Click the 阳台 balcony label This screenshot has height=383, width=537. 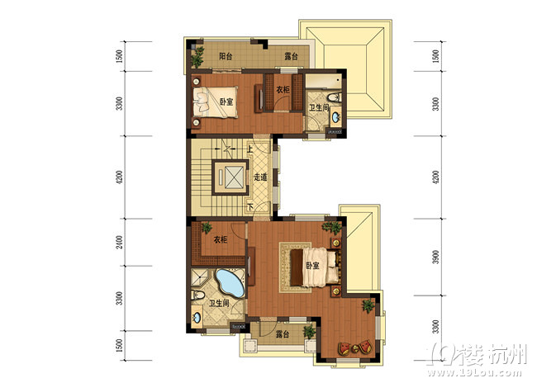click(x=226, y=56)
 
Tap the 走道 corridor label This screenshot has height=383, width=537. click(x=260, y=177)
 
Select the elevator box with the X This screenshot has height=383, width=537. click(x=230, y=177)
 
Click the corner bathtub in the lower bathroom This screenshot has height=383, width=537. click(x=230, y=283)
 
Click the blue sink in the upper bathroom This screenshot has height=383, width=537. click(x=335, y=117)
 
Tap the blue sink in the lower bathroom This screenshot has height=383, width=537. click(x=197, y=317)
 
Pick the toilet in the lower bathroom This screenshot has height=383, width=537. click(x=197, y=295)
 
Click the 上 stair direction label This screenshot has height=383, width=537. click(x=250, y=149)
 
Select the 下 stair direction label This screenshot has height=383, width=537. click(x=250, y=206)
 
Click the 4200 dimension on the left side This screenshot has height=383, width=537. click(x=120, y=177)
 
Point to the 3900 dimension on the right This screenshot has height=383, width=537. click(x=435, y=257)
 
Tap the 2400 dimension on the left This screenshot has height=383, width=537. click(x=120, y=242)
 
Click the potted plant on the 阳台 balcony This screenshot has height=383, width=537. click(x=197, y=56)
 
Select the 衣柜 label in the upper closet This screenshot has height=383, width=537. click(x=283, y=90)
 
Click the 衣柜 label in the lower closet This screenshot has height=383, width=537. click(x=221, y=239)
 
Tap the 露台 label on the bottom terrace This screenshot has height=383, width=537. click(x=283, y=334)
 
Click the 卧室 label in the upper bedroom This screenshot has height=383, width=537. click(x=226, y=102)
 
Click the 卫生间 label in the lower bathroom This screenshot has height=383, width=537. click(x=219, y=303)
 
